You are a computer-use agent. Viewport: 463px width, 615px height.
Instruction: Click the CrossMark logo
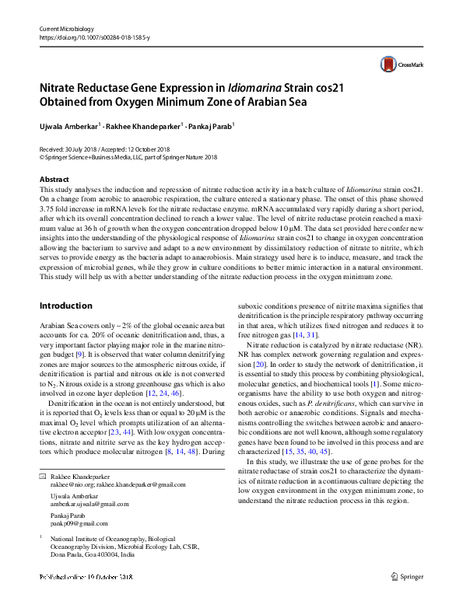(x=398, y=65)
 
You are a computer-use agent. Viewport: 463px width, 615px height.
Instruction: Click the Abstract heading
(x=54, y=180)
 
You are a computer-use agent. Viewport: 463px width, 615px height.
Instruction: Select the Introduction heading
(x=65, y=306)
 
